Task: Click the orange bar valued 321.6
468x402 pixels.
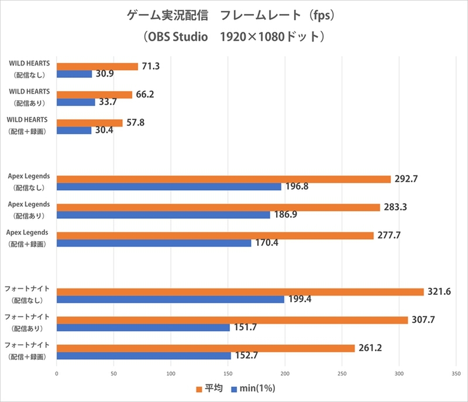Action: [240, 291]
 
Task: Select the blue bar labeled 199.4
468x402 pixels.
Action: [170, 299]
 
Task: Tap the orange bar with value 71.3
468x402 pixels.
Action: [97, 66]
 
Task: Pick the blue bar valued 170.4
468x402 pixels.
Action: [154, 243]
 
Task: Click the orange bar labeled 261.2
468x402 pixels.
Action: [205, 348]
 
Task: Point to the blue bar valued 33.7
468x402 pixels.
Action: [76, 102]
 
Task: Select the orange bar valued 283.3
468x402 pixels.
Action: [218, 207]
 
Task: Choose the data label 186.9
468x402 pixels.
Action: [287, 215]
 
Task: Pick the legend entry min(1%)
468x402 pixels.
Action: [253, 389]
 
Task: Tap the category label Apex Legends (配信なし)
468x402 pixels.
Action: [29, 182]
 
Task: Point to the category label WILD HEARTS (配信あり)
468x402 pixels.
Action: [29, 97]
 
